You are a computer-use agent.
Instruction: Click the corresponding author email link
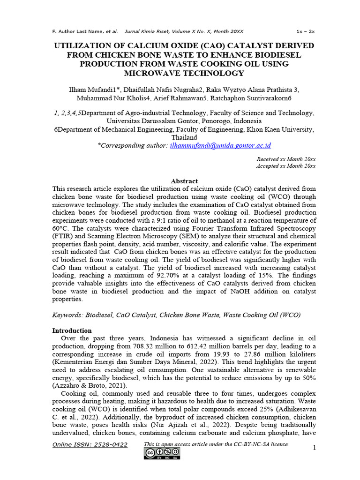(220, 146)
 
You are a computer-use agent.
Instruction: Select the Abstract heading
(184, 181)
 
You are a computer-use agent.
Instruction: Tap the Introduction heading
(72, 330)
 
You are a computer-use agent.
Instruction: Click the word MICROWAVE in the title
(149, 73)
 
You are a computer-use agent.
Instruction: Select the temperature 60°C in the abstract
(60, 228)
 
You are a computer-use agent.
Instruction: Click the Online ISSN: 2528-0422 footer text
(90, 444)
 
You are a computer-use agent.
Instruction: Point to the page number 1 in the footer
(315, 448)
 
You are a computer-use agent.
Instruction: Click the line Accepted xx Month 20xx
(285, 166)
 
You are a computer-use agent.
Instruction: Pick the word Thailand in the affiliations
(184, 138)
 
